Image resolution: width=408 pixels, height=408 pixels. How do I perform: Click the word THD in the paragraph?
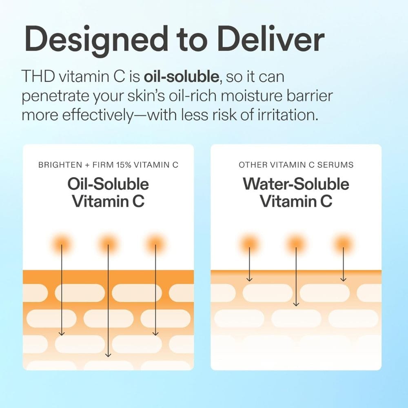[x=38, y=77]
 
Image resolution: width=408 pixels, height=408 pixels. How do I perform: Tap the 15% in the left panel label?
[x=124, y=165]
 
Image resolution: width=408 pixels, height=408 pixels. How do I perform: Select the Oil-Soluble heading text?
[x=108, y=184]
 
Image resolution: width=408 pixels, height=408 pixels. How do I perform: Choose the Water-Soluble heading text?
[x=296, y=184]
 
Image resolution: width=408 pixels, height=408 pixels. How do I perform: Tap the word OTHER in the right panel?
[x=249, y=165]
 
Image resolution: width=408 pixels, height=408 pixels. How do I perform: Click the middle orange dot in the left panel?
[x=108, y=244]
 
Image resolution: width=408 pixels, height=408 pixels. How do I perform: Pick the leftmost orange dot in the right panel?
[x=249, y=244]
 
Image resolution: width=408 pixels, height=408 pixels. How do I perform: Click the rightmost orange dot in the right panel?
[x=343, y=244]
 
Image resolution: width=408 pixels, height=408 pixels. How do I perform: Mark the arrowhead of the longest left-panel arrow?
[x=108, y=355]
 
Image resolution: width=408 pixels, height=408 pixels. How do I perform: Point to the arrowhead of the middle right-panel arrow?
[x=296, y=304]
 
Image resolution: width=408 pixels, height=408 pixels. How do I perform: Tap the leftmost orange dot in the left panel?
[x=62, y=244]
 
